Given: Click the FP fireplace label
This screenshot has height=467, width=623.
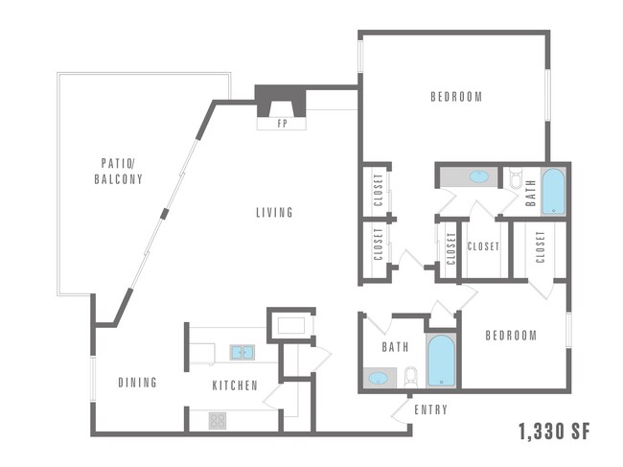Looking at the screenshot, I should (282, 124).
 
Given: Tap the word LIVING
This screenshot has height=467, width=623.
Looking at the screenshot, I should (274, 212).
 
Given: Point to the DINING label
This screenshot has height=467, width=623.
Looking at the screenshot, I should (137, 384).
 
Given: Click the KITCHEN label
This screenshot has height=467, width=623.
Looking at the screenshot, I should (234, 385).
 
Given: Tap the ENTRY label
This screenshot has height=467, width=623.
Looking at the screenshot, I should (430, 410).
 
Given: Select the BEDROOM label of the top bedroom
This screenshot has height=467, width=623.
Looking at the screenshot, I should (455, 97).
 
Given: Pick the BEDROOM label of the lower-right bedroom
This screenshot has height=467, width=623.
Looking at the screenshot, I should (510, 336).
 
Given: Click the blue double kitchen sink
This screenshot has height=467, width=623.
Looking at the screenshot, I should (242, 353).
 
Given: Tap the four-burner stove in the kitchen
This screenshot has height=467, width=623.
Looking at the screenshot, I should (218, 419).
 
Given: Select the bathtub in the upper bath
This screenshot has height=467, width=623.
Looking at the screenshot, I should (553, 192).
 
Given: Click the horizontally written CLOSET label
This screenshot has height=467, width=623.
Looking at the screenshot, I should (483, 246).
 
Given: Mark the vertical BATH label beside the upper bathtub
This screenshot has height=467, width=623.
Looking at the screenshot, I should (530, 195).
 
